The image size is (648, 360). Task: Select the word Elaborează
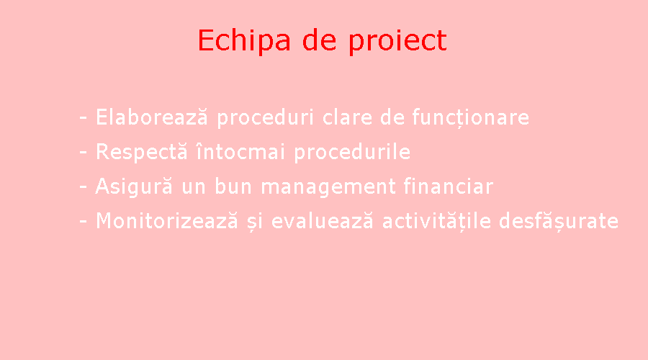(152, 117)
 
